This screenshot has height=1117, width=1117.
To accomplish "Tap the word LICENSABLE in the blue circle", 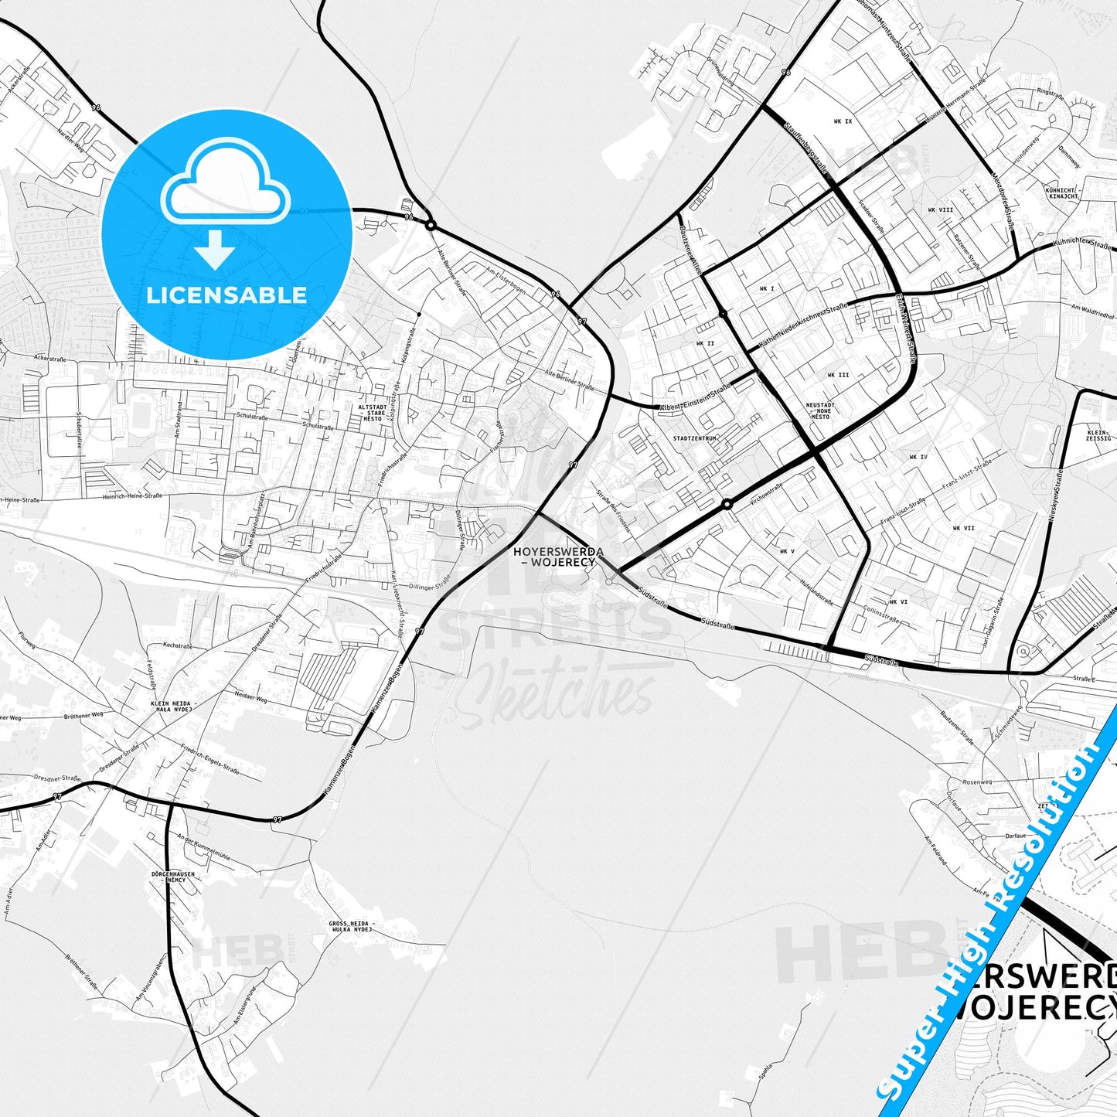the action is click(226, 295).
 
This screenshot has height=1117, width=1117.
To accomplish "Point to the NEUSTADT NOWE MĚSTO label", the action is click(820, 410).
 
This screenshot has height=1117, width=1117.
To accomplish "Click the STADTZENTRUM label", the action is click(696, 438).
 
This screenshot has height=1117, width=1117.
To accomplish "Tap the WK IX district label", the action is click(843, 121).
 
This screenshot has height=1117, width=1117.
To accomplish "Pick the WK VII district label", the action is click(963, 528).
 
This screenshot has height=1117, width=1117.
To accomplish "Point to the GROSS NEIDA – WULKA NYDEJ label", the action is click(352, 926).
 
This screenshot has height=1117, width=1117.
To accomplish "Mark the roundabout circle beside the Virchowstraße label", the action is click(727, 504).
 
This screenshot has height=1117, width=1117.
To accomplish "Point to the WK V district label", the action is click(787, 551).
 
